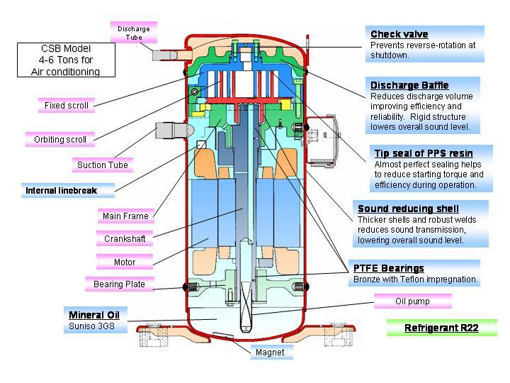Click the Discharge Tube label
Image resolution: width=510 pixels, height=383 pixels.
tap(133, 33)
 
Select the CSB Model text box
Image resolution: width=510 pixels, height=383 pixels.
tap(65, 60)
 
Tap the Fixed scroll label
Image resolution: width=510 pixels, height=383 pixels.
tap(67, 106)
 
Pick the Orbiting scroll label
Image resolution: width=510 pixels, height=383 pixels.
tap(60, 140)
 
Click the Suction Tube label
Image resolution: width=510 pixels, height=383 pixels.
tap(103, 165)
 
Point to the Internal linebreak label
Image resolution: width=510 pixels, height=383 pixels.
tap(60, 190)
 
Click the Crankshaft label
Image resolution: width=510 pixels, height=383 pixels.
tap(125, 239)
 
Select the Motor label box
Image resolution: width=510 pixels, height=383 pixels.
tap(125, 262)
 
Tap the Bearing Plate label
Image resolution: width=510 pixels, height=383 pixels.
tap(119, 284)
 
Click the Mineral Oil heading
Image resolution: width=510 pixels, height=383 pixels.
tap(94, 314)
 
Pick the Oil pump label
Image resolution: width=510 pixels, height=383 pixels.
tap(412, 301)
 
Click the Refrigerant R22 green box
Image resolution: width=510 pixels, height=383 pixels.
tap(441, 328)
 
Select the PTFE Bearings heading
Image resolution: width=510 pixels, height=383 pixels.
tap(389, 268)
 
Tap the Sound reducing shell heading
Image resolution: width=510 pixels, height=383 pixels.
tap(408, 209)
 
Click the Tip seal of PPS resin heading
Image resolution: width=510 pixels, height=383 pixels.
tap(424, 153)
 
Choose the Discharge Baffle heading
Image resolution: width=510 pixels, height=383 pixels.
tap(410, 86)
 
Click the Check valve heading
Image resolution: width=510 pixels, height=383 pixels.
tap(399, 34)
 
